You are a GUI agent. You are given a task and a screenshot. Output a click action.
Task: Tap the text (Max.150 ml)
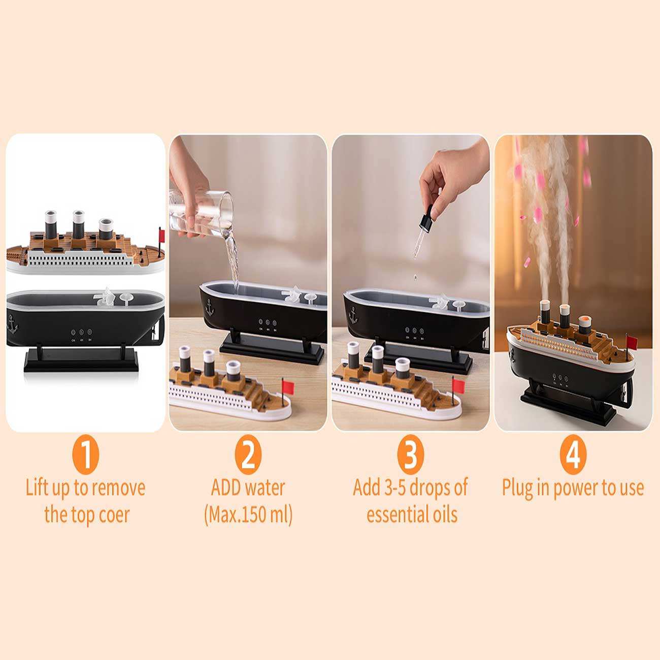pyautogui.click(x=248, y=515)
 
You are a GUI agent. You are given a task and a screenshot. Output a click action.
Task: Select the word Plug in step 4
pyautogui.click(x=517, y=488)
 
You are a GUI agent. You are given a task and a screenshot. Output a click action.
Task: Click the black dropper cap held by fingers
pyautogui.click(x=425, y=221)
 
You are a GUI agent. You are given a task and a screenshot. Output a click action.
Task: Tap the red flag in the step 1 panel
pyautogui.click(x=161, y=235)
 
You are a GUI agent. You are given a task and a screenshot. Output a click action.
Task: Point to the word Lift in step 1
pyautogui.click(x=38, y=487)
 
